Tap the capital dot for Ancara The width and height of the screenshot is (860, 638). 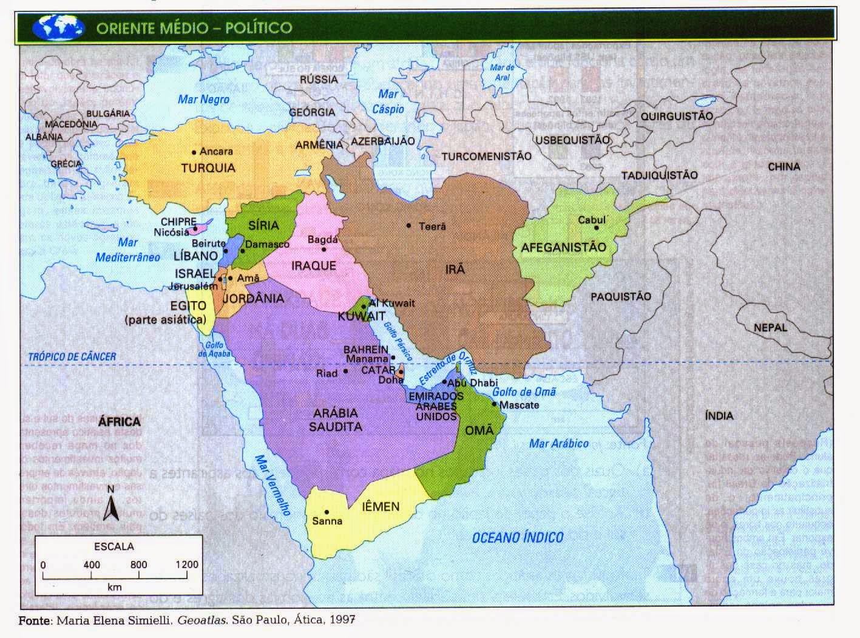tap(194, 151)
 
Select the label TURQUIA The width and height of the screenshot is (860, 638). tap(208, 168)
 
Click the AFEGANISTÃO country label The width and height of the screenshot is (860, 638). tap(563, 248)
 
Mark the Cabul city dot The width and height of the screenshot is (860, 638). tap(597, 228)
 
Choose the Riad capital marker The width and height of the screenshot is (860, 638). tap(345, 371)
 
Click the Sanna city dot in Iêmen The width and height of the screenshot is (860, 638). tap(327, 512)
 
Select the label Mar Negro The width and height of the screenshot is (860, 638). tap(203, 99)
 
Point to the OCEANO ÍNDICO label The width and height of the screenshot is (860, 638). tap(518, 537)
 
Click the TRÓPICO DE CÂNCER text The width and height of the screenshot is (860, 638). tap(72, 356)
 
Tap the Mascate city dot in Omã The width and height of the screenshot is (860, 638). tap(495, 404)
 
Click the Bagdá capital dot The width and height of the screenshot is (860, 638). tap(324, 249)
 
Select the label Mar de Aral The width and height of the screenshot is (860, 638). tap(502, 73)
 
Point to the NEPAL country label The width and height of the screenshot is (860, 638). tap(770, 327)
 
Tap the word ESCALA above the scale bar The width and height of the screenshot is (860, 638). tap(114, 546)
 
